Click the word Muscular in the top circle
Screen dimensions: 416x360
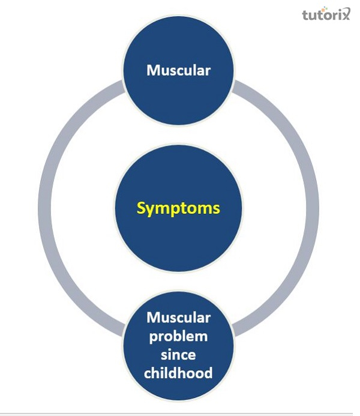[x=179, y=70]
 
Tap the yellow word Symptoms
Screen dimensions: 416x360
[x=178, y=208]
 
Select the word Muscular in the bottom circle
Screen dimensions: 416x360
[x=179, y=318]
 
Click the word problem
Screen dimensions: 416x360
[x=179, y=336]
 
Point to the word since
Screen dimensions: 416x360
[x=179, y=355]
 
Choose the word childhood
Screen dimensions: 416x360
[x=179, y=373]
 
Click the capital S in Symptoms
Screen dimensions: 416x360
[x=142, y=208]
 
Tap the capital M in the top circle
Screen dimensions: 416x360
[x=152, y=70]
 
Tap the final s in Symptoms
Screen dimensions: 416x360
[x=217, y=209]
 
